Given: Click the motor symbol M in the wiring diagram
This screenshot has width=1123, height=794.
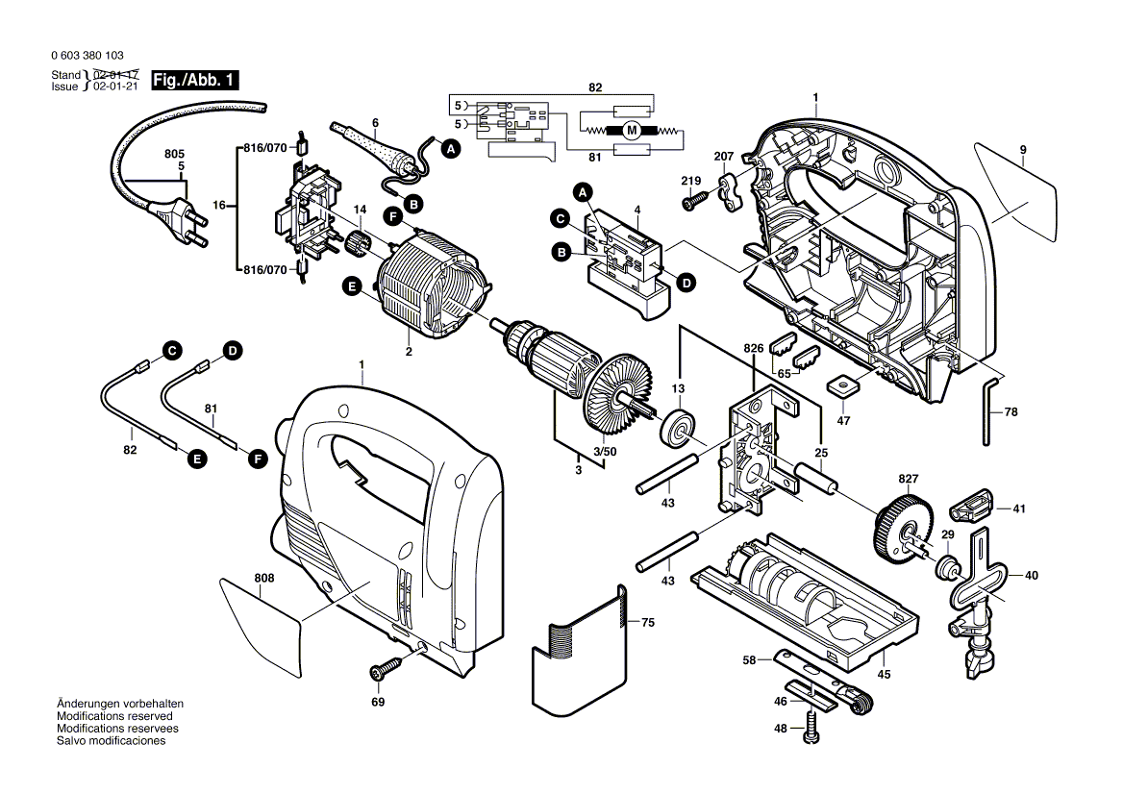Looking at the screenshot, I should (631, 131).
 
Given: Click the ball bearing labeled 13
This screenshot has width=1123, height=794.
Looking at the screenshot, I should (679, 428).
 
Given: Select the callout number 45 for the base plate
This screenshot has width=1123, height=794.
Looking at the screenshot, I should (884, 674).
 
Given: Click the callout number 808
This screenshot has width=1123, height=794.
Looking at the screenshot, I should (264, 578).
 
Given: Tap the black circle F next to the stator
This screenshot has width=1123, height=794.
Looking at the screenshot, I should (391, 215).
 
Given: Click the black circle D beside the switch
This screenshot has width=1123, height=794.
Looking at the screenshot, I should (686, 283).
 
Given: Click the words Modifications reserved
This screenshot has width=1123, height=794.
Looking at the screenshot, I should (114, 716).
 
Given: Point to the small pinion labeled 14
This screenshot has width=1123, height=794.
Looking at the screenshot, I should (359, 243).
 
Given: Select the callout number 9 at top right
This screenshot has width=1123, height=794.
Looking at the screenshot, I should (1023, 149).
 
